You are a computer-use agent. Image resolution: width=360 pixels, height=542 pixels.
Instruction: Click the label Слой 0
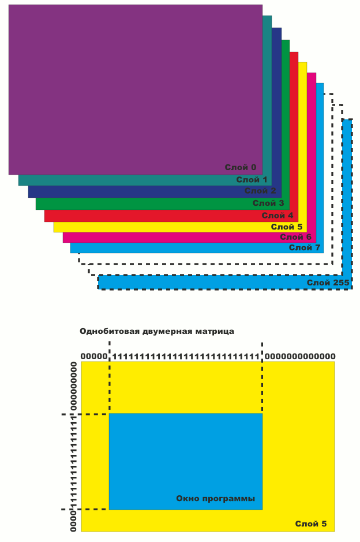241,168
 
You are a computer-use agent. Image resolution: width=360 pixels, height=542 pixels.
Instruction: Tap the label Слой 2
260,191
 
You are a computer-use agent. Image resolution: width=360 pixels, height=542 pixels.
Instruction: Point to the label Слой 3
268,203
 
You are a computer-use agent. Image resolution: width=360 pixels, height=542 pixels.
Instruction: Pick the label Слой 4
277,215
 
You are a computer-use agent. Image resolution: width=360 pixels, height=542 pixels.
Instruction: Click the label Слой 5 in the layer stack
287,227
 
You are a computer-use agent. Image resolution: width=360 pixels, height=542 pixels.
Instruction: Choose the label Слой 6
296,237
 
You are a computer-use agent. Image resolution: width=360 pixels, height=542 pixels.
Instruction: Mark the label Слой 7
305,248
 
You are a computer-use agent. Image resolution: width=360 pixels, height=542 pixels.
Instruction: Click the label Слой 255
328,283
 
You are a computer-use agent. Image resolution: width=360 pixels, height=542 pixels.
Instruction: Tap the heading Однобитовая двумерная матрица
157,332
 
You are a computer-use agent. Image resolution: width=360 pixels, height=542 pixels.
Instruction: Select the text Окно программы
216,498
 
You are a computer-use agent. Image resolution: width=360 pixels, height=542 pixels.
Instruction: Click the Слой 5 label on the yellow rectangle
311,524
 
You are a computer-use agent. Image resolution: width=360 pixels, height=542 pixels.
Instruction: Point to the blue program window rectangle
185,456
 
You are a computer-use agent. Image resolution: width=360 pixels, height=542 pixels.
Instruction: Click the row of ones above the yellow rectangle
185,356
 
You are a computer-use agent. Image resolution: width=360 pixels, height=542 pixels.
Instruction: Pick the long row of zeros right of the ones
300,356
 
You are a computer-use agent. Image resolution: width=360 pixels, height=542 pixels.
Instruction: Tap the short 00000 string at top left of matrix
94,356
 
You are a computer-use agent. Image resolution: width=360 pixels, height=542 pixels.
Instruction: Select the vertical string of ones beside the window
74,461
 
